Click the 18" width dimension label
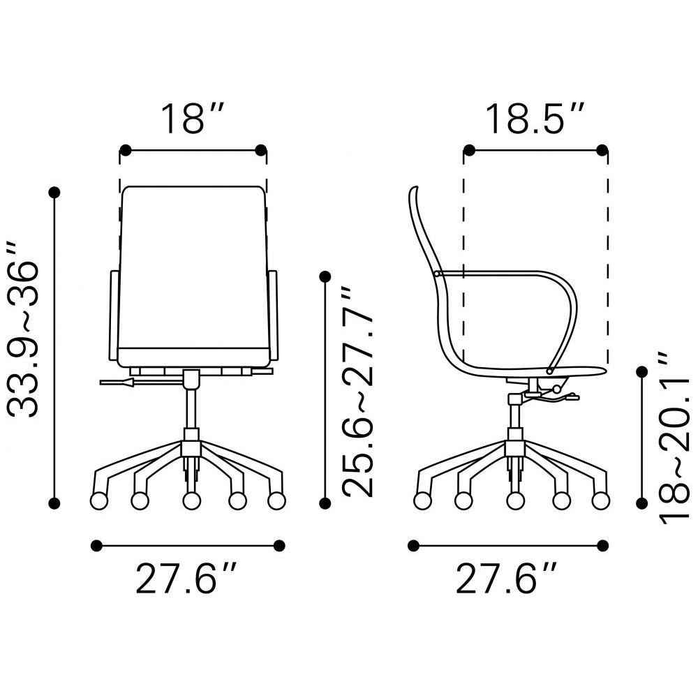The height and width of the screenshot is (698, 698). tap(193, 119)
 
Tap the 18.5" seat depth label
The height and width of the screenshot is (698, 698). tap(535, 119)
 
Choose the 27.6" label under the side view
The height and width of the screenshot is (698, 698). tap(508, 579)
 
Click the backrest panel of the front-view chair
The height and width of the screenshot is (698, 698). tap(193, 272)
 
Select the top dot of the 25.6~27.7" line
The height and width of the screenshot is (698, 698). tap(325, 277)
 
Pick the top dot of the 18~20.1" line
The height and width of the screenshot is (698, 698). tap(643, 371)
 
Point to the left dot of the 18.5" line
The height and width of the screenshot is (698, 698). tap(470, 150)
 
